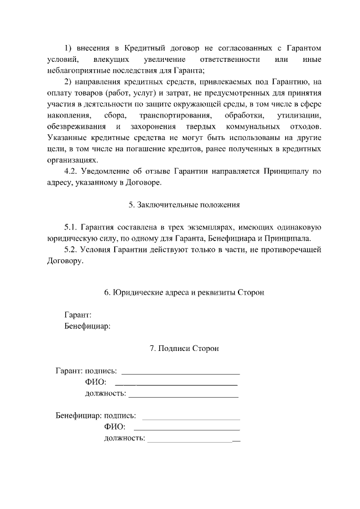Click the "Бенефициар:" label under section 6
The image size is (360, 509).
coord(87,326)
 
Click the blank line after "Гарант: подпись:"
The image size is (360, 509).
coord(181,372)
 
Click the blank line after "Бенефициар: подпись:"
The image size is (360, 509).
coord(191,418)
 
